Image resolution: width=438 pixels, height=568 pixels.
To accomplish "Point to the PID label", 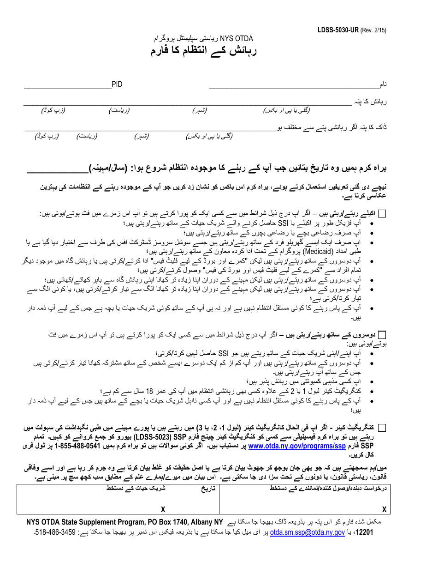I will tap(117, 84).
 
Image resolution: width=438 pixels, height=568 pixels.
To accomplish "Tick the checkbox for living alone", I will tap(382, 213).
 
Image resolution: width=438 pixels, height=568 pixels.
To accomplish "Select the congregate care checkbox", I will tap(382, 428).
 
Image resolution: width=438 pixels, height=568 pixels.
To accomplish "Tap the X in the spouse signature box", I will tap(163, 509).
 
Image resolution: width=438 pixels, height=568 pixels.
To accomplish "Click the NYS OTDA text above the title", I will tap(236, 39).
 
